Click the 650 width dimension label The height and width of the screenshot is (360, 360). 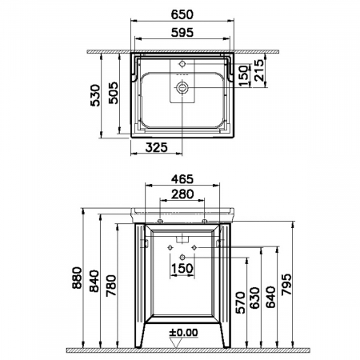182,14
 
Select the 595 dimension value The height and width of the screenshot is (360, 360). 182,33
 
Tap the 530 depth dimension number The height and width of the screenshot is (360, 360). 95,95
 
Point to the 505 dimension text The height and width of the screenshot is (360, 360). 113,93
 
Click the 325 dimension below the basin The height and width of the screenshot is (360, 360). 157,147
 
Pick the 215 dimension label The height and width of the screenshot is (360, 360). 258,70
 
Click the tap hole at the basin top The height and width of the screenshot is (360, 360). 182,64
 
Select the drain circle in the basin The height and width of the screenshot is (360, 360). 182,87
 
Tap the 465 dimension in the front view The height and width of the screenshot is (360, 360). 182,179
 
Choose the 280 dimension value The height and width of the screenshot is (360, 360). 182,194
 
